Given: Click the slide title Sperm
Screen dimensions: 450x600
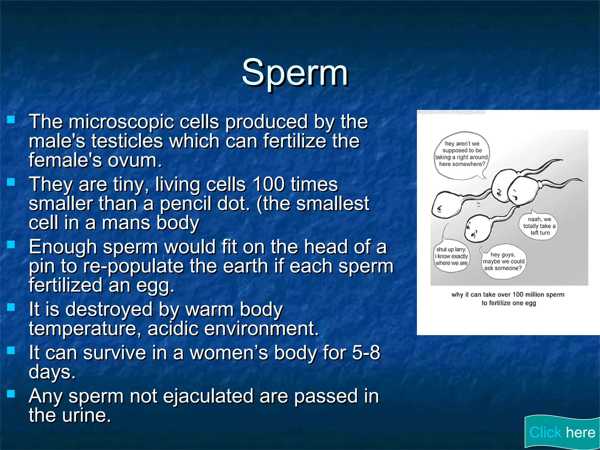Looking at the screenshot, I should tap(295, 73).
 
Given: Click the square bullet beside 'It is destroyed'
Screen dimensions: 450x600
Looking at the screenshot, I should tap(11, 307).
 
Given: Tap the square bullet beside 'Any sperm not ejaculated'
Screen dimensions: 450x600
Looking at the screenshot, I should tap(11, 394).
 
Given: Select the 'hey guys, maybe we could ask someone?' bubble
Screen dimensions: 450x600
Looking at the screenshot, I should tap(503, 261).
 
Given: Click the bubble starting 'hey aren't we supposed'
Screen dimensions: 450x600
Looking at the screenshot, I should tap(461, 154).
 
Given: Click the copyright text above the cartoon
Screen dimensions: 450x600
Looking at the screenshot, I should tap(451, 112).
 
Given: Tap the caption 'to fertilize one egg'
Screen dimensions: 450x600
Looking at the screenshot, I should tap(509, 303).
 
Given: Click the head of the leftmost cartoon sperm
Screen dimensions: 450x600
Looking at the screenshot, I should tap(445, 205).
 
